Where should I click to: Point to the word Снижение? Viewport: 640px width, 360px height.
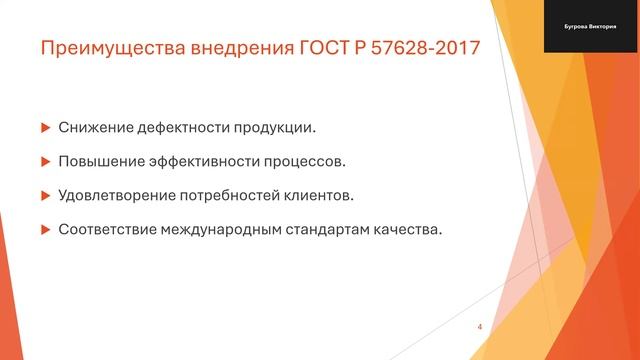93,128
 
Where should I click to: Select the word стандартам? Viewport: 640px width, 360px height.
326,228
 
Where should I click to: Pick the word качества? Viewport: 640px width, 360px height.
407,228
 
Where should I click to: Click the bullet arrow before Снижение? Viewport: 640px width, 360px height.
44,128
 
